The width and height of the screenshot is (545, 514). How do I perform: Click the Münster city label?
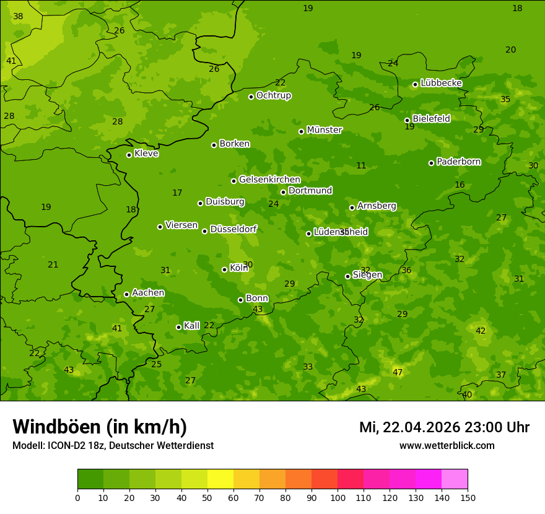tap(325, 130)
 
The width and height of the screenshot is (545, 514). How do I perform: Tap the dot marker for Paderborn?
tap(431, 163)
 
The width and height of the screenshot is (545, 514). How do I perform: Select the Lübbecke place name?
tap(441, 83)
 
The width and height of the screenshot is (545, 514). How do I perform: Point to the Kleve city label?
tap(146, 154)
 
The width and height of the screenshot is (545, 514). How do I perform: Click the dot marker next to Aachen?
tap(126, 294)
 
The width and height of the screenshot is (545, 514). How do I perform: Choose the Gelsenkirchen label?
tap(269, 180)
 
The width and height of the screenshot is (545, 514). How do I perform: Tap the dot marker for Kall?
tap(178, 327)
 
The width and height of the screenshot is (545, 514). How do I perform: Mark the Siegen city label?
tap(367, 275)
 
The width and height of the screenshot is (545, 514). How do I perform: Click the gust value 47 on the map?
tap(398, 372)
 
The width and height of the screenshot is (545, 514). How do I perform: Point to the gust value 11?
tap(361, 165)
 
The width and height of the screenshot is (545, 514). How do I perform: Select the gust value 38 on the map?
tap(18, 17)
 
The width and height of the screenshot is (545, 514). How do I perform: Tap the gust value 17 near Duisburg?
tap(177, 193)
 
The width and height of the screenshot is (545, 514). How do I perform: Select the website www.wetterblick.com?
tap(447, 445)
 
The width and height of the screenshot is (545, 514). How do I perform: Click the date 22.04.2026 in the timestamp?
tap(421, 427)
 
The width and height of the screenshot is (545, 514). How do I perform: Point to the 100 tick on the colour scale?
tap(338, 497)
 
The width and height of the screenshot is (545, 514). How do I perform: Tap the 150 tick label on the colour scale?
tap(468, 497)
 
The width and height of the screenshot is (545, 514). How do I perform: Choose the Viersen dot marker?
tap(160, 227)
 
